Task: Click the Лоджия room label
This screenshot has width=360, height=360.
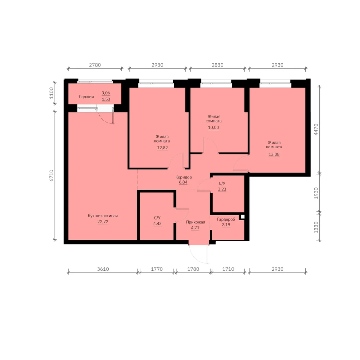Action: pyautogui.click(x=86, y=96)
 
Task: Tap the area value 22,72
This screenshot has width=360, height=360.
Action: pyautogui.click(x=103, y=221)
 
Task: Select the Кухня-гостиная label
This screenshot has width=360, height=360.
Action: pyautogui.click(x=103, y=216)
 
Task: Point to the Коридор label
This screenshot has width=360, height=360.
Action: pyautogui.click(x=184, y=177)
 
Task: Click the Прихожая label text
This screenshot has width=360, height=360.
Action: pyautogui.click(x=195, y=222)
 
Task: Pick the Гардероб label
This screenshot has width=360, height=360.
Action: pyautogui.click(x=226, y=219)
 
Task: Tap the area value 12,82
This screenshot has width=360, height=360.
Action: pyautogui.click(x=162, y=148)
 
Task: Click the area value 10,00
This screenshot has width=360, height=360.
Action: pyautogui.click(x=213, y=127)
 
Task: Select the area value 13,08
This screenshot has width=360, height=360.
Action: pyautogui.click(x=274, y=154)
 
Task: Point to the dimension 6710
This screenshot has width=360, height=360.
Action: pyautogui.click(x=51, y=175)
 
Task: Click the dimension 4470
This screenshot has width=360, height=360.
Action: pyautogui.click(x=316, y=129)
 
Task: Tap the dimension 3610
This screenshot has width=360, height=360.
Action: pyautogui.click(x=103, y=269)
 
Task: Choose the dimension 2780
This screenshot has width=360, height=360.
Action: pyautogui.click(x=95, y=65)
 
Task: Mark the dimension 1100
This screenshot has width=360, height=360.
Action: pyautogui.click(x=51, y=93)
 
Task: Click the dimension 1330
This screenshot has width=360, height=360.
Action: pyautogui.click(x=316, y=227)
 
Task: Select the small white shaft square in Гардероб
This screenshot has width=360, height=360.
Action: pyautogui.click(x=243, y=216)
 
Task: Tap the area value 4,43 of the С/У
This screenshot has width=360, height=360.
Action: pyautogui.click(x=157, y=224)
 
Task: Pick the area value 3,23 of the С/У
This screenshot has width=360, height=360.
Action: pyautogui.click(x=222, y=189)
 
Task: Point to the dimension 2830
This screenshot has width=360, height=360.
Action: pyautogui.click(x=217, y=65)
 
